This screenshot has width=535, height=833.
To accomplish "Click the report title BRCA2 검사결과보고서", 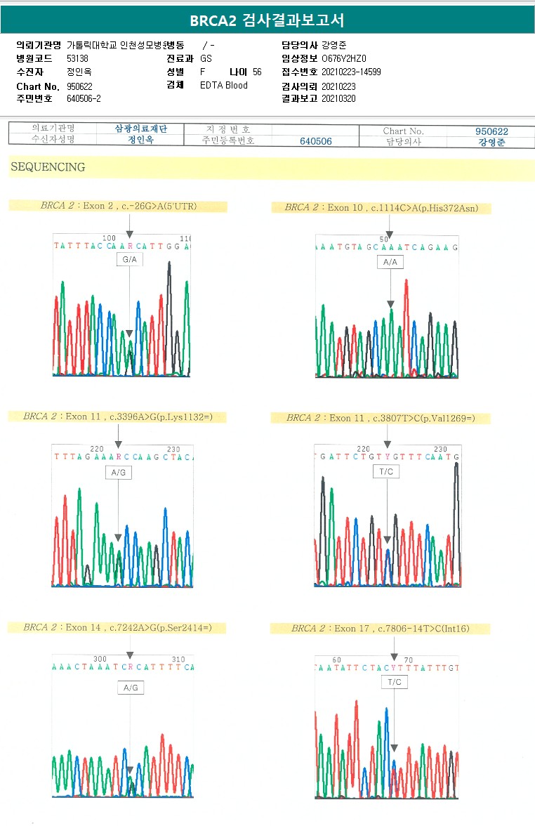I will click(x=267, y=20).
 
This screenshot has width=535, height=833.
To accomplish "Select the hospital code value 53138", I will click(x=77, y=58).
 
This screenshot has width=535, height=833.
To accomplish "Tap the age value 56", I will click(x=257, y=72).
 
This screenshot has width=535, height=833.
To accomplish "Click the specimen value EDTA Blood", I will click(x=224, y=86).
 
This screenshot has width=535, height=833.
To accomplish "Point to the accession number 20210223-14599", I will click(x=351, y=72).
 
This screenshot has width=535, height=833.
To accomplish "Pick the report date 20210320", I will click(x=338, y=99).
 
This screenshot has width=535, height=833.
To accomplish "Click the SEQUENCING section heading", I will click(x=48, y=167).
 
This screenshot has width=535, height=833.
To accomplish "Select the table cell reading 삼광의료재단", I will click(x=140, y=129).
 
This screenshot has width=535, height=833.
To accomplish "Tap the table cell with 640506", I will click(x=316, y=141).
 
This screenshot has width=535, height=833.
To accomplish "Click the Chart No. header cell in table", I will click(x=403, y=131).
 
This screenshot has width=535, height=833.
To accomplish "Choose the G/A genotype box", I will click(x=130, y=260).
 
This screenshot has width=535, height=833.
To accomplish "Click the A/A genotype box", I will click(x=390, y=262).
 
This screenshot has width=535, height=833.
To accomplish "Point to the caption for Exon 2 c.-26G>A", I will click(x=119, y=206).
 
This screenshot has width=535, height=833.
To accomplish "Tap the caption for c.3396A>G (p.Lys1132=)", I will click(x=117, y=416).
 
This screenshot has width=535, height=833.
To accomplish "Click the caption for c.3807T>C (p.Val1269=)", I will click(x=381, y=419).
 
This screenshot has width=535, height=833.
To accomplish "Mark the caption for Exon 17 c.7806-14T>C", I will click(x=380, y=629).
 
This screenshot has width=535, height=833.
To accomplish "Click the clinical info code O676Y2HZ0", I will click(x=344, y=58).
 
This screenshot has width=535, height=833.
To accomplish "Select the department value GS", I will click(x=206, y=58).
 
